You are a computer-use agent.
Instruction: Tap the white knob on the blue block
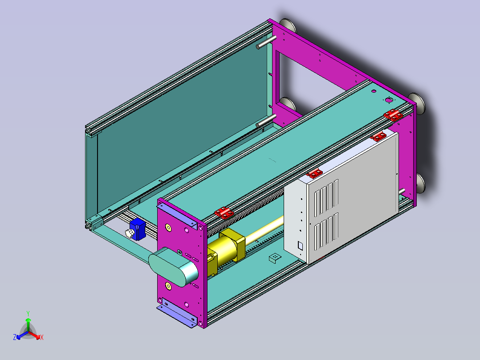[130, 233]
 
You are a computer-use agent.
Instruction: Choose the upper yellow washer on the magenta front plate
[168, 228]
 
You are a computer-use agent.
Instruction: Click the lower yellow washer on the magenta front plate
[168, 285]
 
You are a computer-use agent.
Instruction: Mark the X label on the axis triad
[42, 338]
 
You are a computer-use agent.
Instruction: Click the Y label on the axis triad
[28, 313]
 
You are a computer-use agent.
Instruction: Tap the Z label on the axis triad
[15, 338]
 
